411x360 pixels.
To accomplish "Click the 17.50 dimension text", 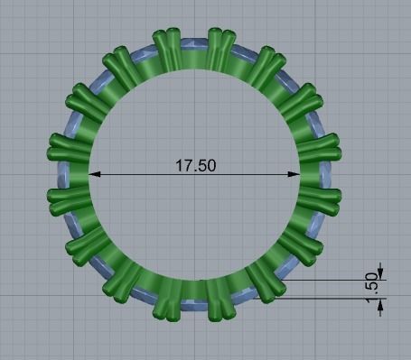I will (194, 166).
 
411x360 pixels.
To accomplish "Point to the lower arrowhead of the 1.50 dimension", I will (380, 304).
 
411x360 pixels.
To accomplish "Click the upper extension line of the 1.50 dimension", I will (334, 279).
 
